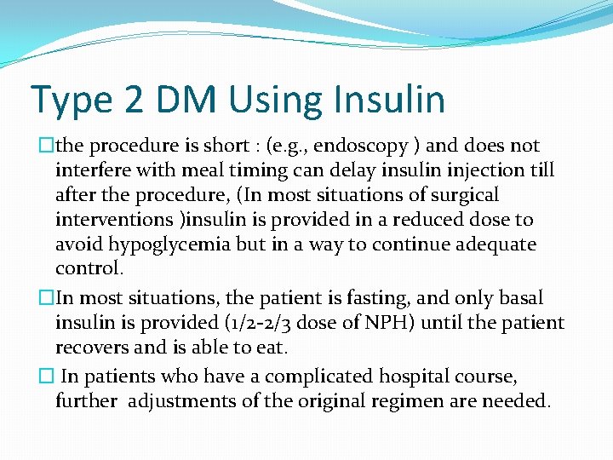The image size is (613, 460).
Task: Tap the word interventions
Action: coord(114,219)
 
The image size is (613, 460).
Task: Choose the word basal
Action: coord(515,299)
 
